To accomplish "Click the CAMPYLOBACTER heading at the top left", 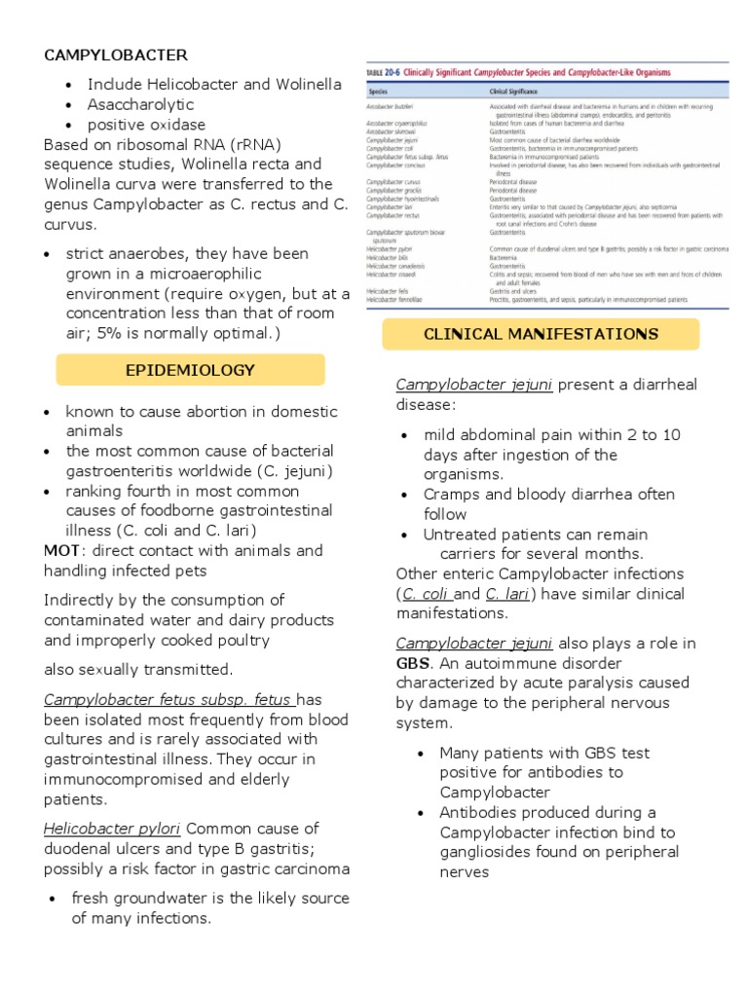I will coord(116,55).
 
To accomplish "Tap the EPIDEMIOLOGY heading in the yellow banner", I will coord(190,370).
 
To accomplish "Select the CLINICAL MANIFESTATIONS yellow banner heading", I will coord(541,334).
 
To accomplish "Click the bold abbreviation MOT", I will coord(61,550).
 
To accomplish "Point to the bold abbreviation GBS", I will coord(413,663).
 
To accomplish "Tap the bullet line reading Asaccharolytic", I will coord(140,104).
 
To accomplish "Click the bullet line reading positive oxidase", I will coord(146,125).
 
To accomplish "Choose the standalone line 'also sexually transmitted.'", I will coord(138,669).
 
